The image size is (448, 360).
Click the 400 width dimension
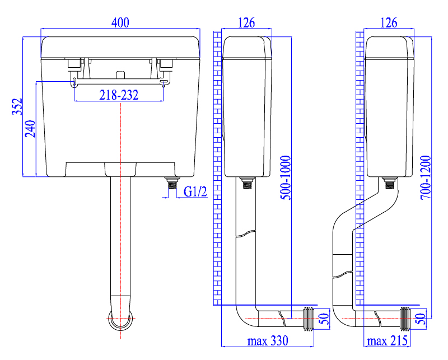point(120,22)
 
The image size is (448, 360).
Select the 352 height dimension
point(17,106)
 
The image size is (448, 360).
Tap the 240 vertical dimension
point(30,129)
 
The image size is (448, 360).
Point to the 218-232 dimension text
point(119,95)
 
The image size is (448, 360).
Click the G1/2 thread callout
point(195,191)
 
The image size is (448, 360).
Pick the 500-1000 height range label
point(285,177)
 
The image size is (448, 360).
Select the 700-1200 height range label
point(426,177)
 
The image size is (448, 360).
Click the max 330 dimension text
point(268,341)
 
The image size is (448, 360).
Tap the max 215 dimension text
point(387,341)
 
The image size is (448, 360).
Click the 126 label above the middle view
point(246,22)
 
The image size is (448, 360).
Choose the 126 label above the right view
point(389,22)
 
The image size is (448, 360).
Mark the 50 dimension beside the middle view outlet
point(324,319)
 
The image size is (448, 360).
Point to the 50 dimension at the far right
point(421,319)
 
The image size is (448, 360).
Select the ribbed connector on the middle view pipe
point(309,319)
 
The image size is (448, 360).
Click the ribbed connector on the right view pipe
point(405,319)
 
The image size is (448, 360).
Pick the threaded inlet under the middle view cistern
point(247,183)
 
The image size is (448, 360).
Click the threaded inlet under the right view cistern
point(389,183)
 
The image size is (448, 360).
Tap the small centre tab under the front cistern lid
point(120,74)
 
